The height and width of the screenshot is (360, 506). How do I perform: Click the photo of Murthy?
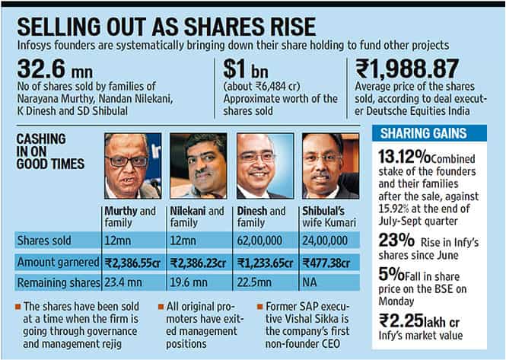coord(132,165)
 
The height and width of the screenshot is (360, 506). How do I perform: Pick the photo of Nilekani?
coord(198,165)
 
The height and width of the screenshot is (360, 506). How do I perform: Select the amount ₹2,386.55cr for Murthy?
coord(132,261)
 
